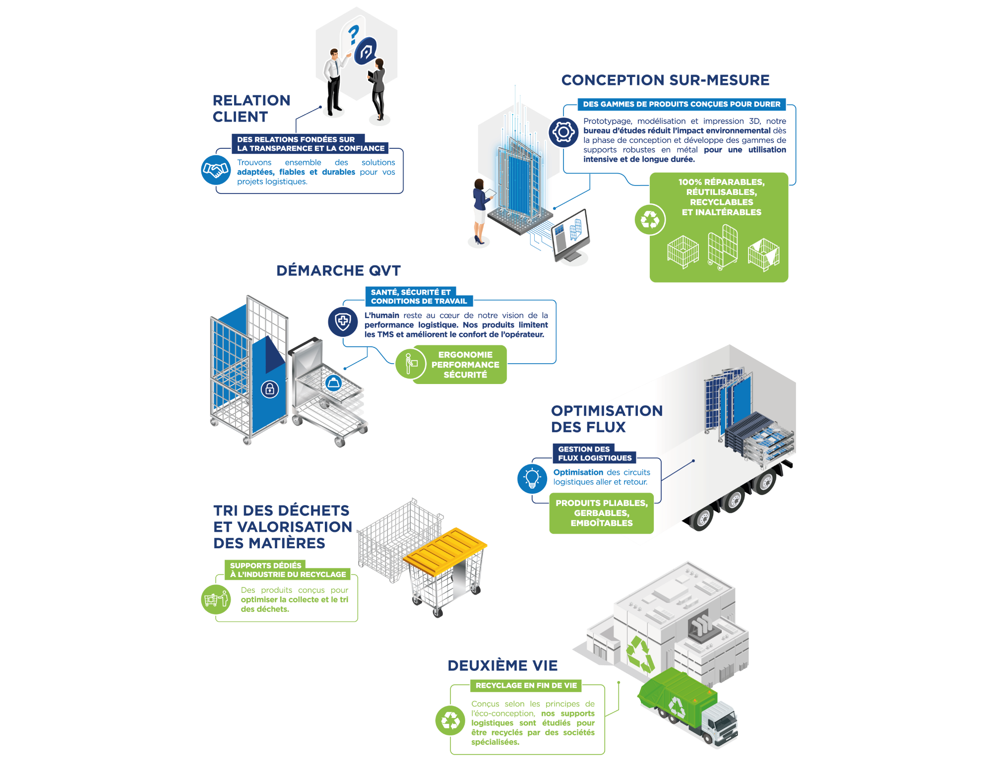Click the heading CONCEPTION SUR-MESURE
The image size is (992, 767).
coord(665,80)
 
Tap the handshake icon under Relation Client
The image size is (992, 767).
coord(215,170)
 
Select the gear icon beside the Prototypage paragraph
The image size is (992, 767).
coord(563,132)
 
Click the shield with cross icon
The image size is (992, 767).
coord(343,321)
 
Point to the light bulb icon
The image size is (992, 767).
coord(532,478)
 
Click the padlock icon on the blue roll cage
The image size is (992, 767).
coord(270,389)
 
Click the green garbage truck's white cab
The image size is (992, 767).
coord(722,722)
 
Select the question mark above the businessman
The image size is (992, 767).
coord(353,35)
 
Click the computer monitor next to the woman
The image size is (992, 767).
coord(572,233)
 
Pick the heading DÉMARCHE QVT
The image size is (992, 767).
coord(338,270)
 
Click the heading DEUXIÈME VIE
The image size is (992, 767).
coord(502,665)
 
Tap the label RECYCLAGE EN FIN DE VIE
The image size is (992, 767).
coord(526,686)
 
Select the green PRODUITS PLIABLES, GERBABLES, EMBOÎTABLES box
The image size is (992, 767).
coord(601,513)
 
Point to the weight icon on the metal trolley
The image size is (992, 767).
coord(333,383)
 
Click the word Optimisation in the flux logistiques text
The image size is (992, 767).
coord(578,472)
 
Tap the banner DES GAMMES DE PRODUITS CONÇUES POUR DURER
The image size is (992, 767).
coord(681,104)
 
